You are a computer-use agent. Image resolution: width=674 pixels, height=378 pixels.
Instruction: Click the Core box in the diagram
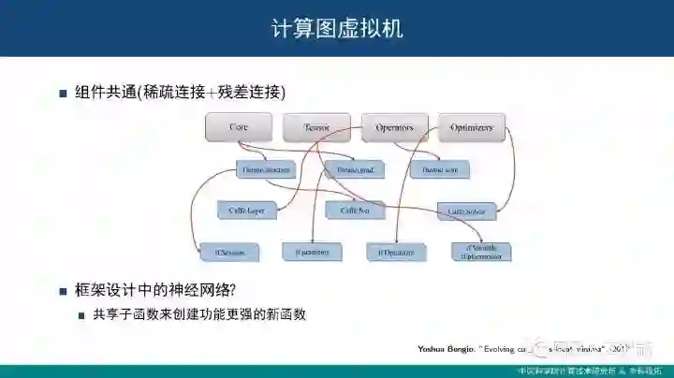[x=239, y=127]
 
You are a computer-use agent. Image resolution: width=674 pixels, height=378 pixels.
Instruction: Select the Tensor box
[x=316, y=127]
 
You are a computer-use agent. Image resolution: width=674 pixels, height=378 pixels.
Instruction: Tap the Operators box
[x=394, y=127]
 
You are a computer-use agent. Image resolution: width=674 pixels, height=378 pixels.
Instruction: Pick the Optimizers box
[x=472, y=127]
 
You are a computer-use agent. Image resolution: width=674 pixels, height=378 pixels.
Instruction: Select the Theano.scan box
[x=439, y=170]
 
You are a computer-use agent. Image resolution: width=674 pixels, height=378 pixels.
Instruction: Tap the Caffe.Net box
[x=356, y=211]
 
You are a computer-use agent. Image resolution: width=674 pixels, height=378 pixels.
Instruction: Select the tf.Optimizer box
[x=396, y=252]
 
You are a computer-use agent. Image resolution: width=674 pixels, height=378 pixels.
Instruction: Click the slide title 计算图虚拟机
[x=337, y=28]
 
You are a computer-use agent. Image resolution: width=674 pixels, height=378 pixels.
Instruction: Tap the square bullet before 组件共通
[x=64, y=94]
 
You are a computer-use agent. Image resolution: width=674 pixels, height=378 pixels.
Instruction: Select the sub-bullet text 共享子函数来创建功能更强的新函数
[x=199, y=315]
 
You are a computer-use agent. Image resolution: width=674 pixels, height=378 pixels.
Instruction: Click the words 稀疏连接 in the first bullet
[x=170, y=93]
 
